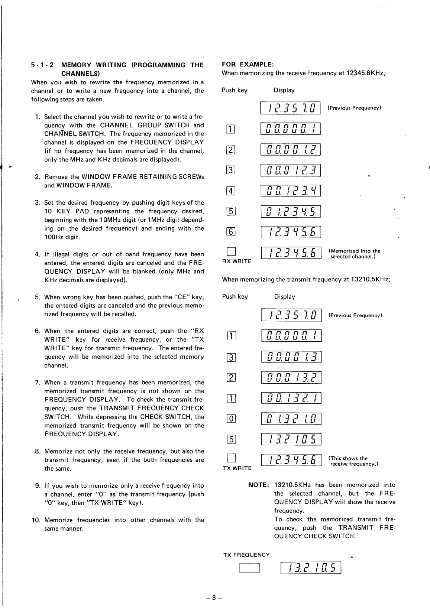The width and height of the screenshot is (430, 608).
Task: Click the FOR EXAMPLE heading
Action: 248,64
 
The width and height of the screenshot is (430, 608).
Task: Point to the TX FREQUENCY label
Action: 246,555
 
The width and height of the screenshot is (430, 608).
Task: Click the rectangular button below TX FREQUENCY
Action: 249,569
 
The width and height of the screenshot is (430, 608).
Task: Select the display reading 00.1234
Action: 291,191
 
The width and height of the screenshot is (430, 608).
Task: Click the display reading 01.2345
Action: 291,212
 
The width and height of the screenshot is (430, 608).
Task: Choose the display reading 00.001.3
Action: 291,357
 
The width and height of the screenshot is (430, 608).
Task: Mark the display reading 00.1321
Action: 291,398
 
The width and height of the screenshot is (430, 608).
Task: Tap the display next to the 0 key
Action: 291,419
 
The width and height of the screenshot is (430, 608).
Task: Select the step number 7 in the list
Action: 38,383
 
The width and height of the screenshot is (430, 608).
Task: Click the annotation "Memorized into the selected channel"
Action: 355,254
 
